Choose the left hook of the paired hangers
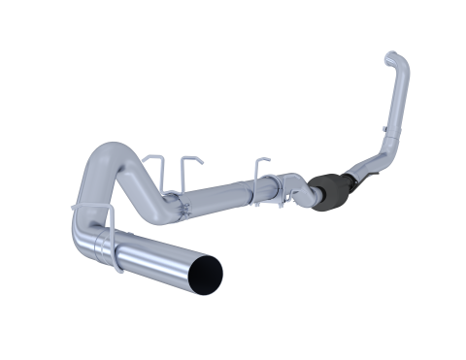[x=148, y=164]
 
